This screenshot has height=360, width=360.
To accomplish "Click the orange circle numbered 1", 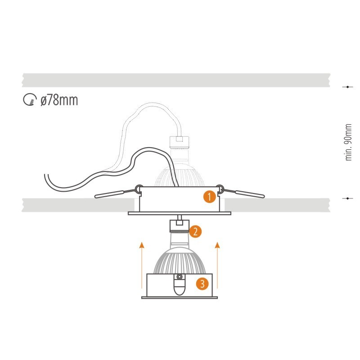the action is click(x=209, y=197).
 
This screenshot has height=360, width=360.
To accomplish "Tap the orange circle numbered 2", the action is click(x=195, y=231).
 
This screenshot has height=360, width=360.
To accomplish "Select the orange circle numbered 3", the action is click(x=202, y=283).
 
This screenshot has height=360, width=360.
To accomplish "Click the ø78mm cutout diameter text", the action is click(x=59, y=100).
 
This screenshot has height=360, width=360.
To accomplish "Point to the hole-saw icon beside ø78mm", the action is click(x=30, y=99).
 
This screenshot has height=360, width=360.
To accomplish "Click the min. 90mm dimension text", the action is click(x=348, y=142).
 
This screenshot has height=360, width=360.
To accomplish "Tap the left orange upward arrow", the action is click(x=142, y=265).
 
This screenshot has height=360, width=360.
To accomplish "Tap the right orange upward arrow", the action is click(x=217, y=265).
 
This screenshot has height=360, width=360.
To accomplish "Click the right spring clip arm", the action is click(x=243, y=193).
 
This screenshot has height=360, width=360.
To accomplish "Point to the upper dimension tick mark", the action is click(x=347, y=87).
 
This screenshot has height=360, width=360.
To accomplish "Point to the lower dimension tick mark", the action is click(x=347, y=198).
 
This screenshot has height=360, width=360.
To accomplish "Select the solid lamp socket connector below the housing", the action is click(x=179, y=226).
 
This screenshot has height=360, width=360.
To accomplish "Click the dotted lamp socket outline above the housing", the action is click(x=179, y=142).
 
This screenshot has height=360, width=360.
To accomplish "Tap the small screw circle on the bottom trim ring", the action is click(x=179, y=277).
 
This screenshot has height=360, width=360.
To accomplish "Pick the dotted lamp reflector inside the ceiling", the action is click(x=180, y=175).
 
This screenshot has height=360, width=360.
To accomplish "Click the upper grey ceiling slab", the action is click(x=176, y=80).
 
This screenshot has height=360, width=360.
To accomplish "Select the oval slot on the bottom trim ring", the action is click(x=179, y=287).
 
